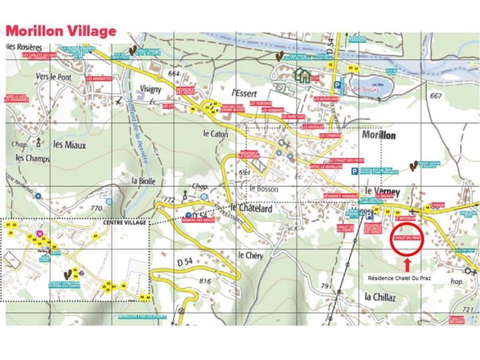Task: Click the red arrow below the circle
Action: (407, 264)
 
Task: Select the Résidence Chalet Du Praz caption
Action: (400, 278)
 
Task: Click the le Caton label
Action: (215, 135)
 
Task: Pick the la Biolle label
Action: (143, 179)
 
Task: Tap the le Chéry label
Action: (250, 255)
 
